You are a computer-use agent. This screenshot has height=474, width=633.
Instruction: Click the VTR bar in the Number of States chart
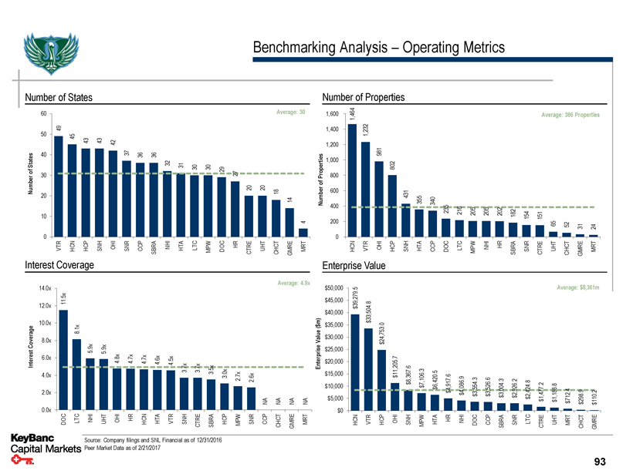(x=59, y=186)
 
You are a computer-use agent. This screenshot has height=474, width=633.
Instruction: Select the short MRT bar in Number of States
(x=303, y=233)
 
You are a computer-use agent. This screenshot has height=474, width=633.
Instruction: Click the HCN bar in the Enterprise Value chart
(x=355, y=361)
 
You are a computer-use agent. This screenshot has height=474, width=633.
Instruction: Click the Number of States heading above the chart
(x=59, y=97)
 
